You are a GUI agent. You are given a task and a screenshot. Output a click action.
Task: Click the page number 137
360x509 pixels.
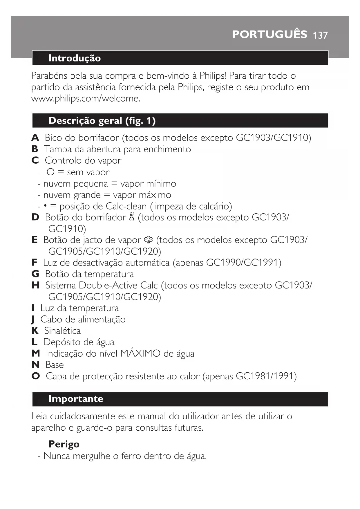point(320,35)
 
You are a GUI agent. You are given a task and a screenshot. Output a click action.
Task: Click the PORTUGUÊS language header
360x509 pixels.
point(269,35)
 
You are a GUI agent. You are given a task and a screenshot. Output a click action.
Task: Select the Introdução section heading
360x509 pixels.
point(75,58)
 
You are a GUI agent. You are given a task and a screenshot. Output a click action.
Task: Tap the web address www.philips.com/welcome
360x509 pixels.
point(85,99)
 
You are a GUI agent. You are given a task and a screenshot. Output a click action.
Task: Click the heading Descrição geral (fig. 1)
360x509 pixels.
point(102,120)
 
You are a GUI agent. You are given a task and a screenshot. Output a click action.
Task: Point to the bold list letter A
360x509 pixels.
point(35,138)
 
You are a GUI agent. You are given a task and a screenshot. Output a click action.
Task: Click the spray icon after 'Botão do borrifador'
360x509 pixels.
point(132,217)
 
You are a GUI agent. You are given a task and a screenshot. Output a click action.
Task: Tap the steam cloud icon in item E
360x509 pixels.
point(148,240)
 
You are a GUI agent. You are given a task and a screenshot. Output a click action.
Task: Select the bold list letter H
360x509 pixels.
point(35,286)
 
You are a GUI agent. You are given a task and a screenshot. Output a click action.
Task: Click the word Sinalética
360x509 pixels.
point(62,331)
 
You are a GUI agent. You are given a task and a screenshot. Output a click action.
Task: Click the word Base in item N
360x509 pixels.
point(55,365)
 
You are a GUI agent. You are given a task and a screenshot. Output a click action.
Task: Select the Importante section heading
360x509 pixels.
point(76,399)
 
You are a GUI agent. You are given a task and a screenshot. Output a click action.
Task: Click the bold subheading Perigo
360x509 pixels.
point(64,444)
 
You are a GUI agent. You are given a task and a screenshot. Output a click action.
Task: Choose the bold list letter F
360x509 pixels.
point(34,263)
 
